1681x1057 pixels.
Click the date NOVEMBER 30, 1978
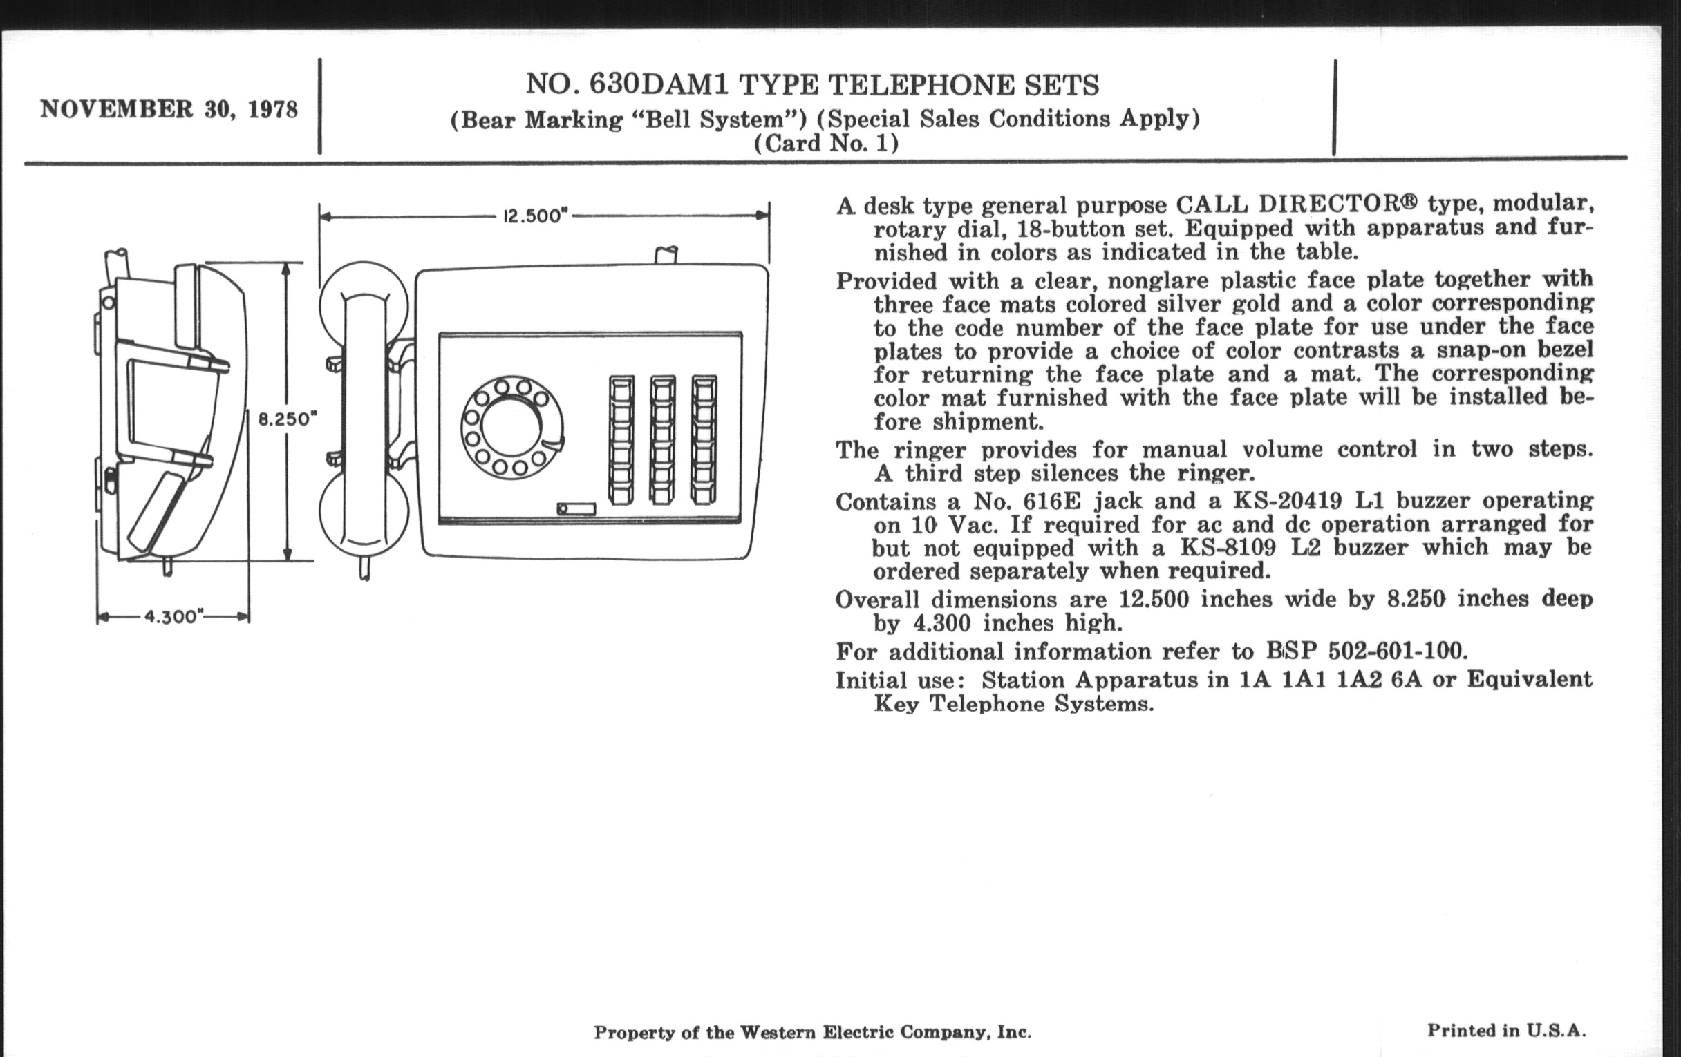(169, 110)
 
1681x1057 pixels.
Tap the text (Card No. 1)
(826, 143)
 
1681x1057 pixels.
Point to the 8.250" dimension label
(288, 419)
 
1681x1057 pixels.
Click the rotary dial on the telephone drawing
(511, 428)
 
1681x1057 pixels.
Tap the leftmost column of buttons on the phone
(621, 439)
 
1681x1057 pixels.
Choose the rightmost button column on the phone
(704, 439)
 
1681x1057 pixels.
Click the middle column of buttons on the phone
(662, 439)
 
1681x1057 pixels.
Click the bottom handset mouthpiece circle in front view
(364, 511)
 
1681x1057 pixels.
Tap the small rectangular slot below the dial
(576, 508)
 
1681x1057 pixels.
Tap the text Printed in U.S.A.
(1505, 1030)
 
